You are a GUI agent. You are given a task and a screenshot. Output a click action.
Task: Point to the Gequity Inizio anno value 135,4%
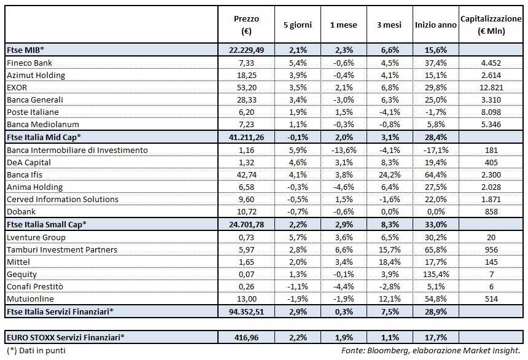[x=435, y=274]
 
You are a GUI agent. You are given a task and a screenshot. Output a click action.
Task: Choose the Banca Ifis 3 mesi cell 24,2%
[x=389, y=174]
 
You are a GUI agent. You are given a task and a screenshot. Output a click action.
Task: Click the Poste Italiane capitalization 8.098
[x=491, y=112]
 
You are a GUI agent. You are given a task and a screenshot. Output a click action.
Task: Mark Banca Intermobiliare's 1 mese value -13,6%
[x=342, y=150]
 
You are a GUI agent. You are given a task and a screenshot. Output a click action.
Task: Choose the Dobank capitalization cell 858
[x=491, y=212]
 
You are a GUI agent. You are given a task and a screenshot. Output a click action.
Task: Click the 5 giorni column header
[x=297, y=25]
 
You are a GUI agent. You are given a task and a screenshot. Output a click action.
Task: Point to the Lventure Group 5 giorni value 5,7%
[x=297, y=237]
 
